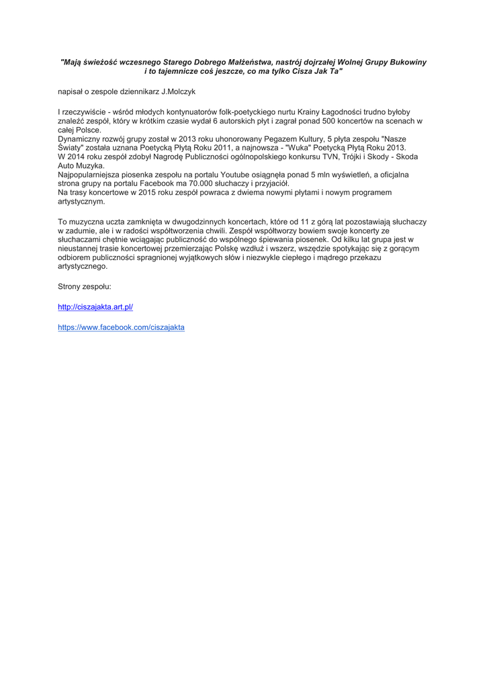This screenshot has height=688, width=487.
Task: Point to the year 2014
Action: (x=78, y=157)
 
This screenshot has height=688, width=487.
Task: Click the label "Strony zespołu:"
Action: (x=85, y=286)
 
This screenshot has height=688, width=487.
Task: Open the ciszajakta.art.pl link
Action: (x=95, y=307)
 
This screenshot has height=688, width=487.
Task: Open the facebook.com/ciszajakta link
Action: (x=121, y=327)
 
